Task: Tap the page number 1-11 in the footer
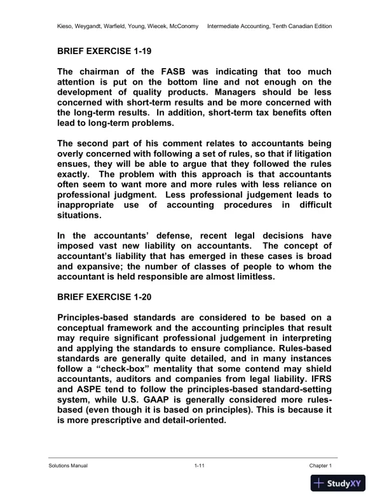(x=199, y=466)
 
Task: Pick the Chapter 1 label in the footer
(x=321, y=466)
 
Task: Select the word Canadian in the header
(x=303, y=26)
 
